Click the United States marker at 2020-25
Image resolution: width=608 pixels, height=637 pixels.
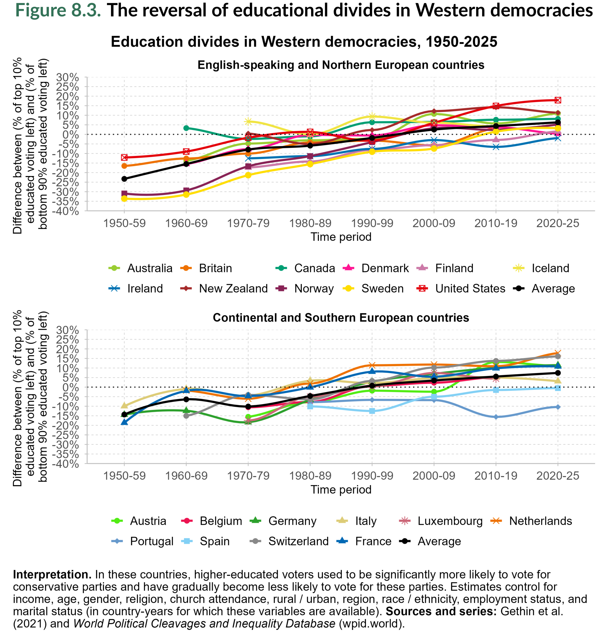click(x=558, y=100)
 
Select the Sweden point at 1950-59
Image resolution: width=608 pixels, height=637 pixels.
click(x=124, y=198)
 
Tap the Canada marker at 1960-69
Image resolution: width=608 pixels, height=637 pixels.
click(x=186, y=128)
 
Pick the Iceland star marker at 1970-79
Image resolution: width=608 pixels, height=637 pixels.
click(x=248, y=121)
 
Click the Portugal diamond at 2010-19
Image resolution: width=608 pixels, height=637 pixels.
click(x=495, y=417)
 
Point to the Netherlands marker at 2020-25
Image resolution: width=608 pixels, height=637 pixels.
click(x=558, y=353)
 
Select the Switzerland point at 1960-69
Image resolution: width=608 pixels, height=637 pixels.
click(x=186, y=415)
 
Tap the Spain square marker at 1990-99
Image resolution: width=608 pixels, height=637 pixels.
click(x=372, y=411)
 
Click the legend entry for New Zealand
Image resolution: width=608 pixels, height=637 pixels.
click(x=233, y=289)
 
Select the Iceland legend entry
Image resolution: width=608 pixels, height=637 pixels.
click(x=550, y=268)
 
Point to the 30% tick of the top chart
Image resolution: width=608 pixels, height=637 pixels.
click(x=68, y=77)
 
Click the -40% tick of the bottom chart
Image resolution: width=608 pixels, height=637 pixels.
click(x=68, y=464)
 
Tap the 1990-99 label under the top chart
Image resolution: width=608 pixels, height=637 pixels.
click(x=372, y=223)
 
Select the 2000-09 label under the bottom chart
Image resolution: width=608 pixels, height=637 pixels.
click(x=434, y=476)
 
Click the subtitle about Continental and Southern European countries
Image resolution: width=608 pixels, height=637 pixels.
click(x=340, y=318)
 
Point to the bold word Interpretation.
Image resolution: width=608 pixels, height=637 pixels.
click(x=52, y=575)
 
